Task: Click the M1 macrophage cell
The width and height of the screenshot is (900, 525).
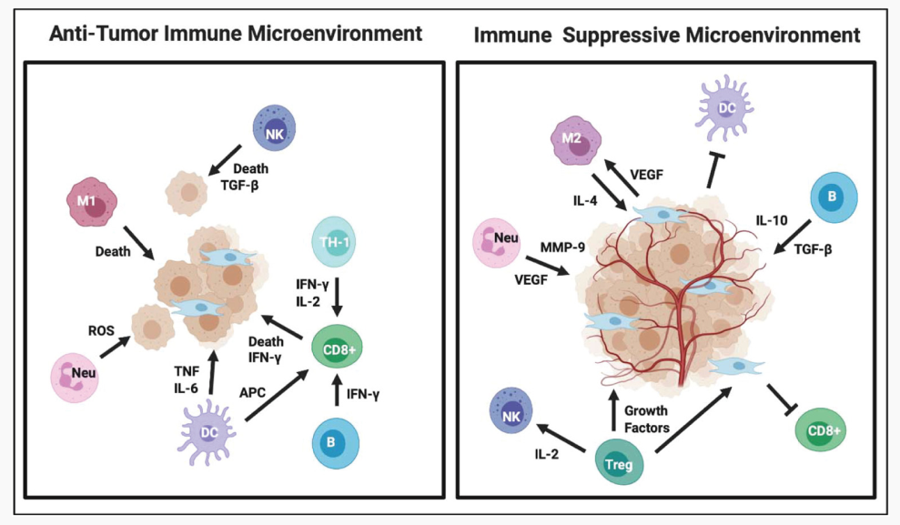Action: (86, 206)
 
